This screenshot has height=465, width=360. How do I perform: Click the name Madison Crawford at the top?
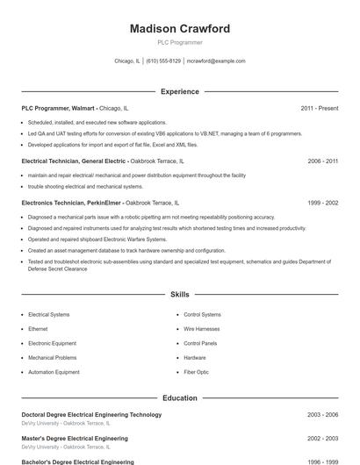coord(179,29)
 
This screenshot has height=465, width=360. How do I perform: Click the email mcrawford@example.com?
coord(216,61)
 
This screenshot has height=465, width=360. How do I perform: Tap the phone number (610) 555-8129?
coord(163,61)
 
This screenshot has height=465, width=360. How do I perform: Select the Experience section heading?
coord(179,91)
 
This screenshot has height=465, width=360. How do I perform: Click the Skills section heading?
coord(179,295)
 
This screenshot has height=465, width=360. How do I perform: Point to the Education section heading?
coord(179,397)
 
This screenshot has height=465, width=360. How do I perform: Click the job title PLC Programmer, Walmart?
coord(59,108)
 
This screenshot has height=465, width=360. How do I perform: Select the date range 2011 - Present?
coord(319,108)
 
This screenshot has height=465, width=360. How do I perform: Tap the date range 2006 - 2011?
coord(322,161)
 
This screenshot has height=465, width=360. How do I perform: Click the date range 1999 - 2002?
coord(322,203)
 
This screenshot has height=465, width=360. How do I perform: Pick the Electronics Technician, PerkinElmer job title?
coord(73,203)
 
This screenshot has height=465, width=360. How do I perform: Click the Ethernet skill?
coord(38,329)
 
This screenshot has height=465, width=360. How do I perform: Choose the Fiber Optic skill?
coord(196,372)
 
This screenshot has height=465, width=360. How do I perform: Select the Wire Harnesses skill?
coord(202,329)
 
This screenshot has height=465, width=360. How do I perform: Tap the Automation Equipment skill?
coord(54,372)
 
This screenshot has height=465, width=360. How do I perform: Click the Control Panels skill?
coord(200,343)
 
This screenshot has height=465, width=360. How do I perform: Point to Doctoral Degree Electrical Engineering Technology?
coord(91,414)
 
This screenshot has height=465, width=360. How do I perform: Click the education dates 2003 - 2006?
coord(322,414)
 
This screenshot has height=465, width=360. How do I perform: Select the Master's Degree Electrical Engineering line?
coord(75,438)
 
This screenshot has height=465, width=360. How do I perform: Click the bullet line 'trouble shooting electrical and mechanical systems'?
coord(85,186)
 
